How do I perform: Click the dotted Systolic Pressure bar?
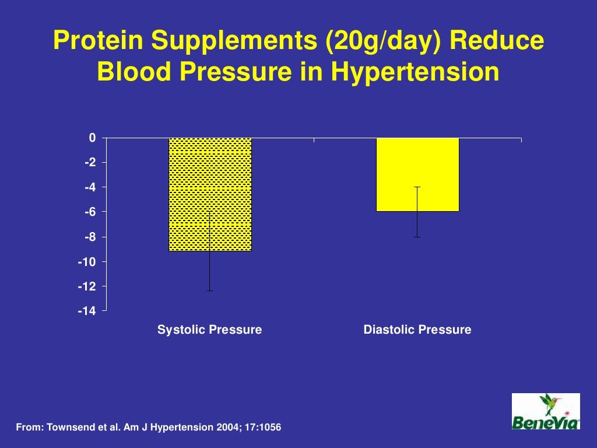[210, 194]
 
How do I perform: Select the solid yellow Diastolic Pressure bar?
[417, 174]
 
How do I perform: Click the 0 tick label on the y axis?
[92, 138]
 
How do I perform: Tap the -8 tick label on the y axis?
[90, 237]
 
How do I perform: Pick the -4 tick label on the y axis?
[90, 187]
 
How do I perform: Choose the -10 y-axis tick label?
[88, 261]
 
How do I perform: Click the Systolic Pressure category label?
[210, 330]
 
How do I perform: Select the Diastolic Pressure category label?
[417, 330]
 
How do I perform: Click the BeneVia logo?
[546, 411]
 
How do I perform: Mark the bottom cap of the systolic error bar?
[210, 290]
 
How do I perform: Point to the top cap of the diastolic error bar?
[417, 187]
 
